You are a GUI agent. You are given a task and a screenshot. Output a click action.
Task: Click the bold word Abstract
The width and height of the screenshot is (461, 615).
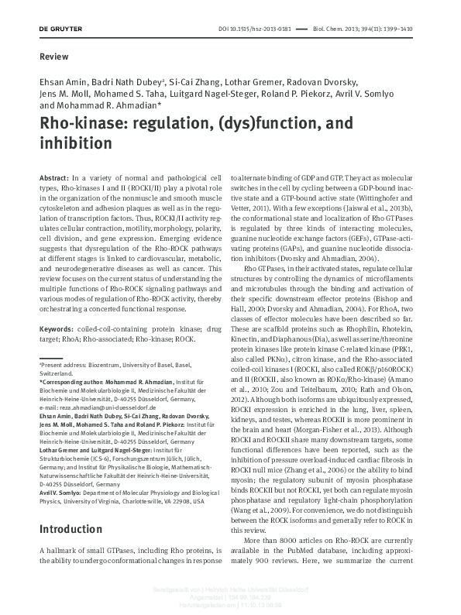click(x=54, y=178)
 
